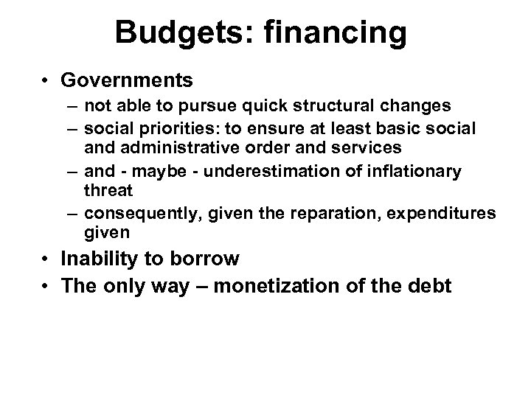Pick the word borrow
coord(213,259)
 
